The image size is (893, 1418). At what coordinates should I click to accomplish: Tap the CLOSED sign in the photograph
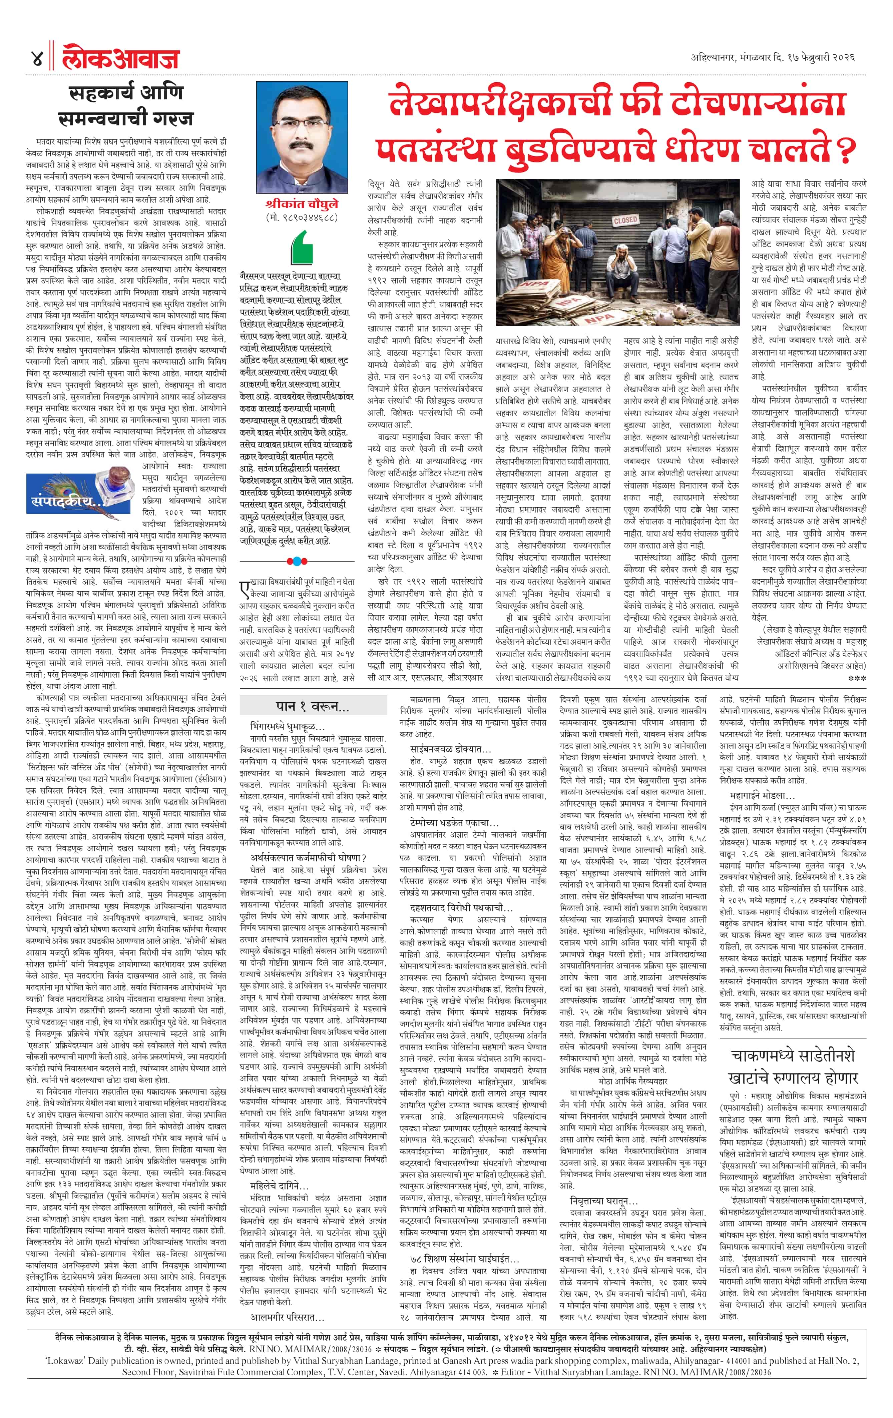(x=624, y=220)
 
